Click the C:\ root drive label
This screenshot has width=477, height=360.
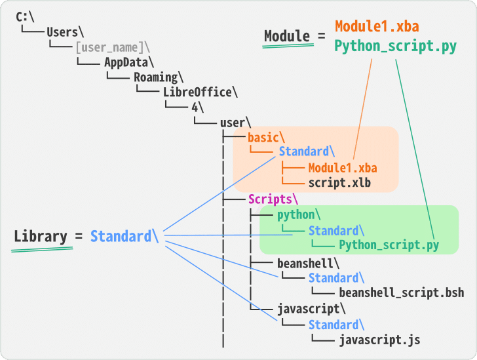25,16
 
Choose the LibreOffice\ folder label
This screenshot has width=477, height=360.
201,92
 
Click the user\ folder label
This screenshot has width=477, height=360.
235,123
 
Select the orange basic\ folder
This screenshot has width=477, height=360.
266,138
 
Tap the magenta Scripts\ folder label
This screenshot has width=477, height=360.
273,199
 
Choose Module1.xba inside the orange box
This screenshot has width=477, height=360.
343,168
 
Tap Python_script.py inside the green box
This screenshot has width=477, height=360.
389,245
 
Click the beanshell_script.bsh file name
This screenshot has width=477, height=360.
401,292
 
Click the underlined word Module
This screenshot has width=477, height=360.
287,36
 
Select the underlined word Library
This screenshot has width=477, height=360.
41,237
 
